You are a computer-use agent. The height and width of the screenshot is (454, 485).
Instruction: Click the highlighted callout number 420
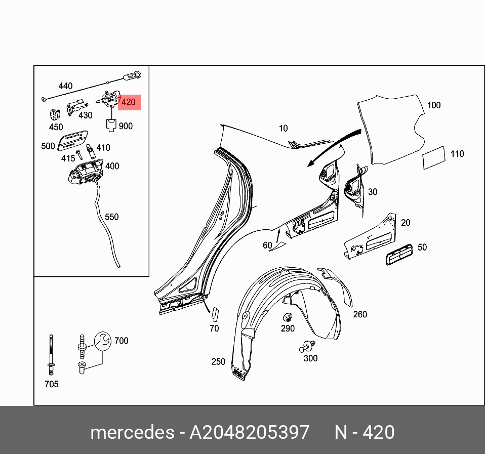click(129, 102)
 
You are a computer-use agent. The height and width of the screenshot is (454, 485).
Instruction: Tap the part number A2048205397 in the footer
click(249, 433)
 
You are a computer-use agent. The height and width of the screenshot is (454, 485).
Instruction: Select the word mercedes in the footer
click(132, 433)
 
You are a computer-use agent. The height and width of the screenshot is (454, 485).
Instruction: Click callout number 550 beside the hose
click(111, 217)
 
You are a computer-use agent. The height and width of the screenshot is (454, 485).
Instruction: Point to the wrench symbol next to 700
click(101, 341)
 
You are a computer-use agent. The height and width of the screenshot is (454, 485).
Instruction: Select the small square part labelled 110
click(434, 157)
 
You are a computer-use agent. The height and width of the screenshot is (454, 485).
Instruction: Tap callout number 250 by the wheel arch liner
click(218, 362)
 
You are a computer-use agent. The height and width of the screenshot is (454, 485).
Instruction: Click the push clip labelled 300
click(307, 347)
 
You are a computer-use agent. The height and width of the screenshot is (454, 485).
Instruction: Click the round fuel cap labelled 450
click(54, 114)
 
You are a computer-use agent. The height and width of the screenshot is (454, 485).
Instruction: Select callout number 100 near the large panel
click(434, 105)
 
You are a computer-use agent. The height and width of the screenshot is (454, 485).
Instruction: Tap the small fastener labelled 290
click(288, 317)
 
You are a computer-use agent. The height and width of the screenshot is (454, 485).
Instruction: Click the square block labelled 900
click(111, 124)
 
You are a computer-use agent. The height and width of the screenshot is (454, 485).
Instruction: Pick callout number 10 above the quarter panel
click(283, 129)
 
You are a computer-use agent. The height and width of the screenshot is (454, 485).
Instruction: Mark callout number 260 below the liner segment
click(360, 314)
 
